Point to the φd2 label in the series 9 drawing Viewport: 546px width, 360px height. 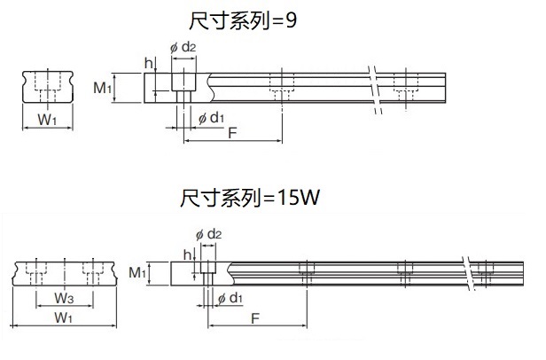(182, 46)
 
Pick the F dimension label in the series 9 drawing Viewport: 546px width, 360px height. (231, 132)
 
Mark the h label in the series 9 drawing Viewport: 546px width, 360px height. (148, 63)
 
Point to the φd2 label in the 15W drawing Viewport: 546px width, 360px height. (207, 233)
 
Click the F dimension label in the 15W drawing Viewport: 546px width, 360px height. (255, 317)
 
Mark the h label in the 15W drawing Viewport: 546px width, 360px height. (185, 254)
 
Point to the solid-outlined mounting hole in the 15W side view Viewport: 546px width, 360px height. (209, 270)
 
